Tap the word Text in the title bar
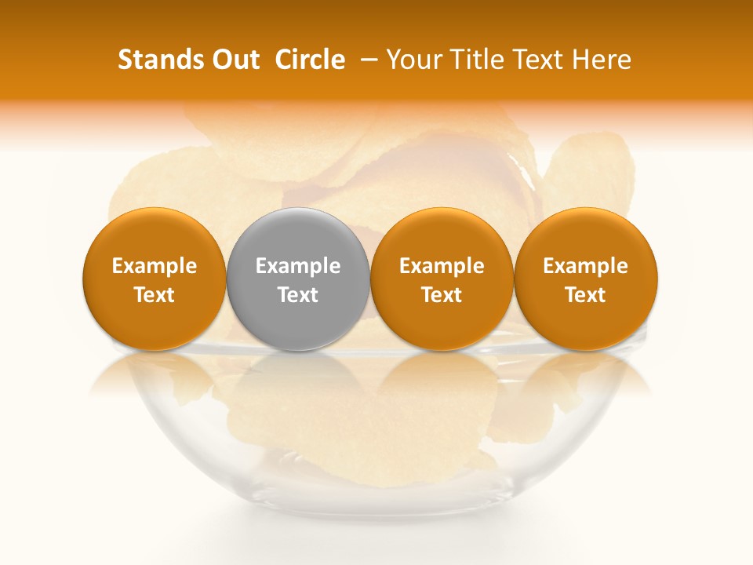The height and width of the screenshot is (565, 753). pyautogui.click(x=540, y=60)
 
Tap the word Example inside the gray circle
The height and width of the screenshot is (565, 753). pyautogui.click(x=298, y=266)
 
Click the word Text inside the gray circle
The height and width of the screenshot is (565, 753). pyautogui.click(x=298, y=295)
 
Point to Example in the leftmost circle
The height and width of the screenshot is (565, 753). pyautogui.click(x=154, y=266)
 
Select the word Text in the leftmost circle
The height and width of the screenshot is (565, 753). pyautogui.click(x=154, y=295)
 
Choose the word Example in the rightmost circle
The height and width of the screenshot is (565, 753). pyautogui.click(x=586, y=266)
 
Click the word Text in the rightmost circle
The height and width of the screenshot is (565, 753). pyautogui.click(x=586, y=295)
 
